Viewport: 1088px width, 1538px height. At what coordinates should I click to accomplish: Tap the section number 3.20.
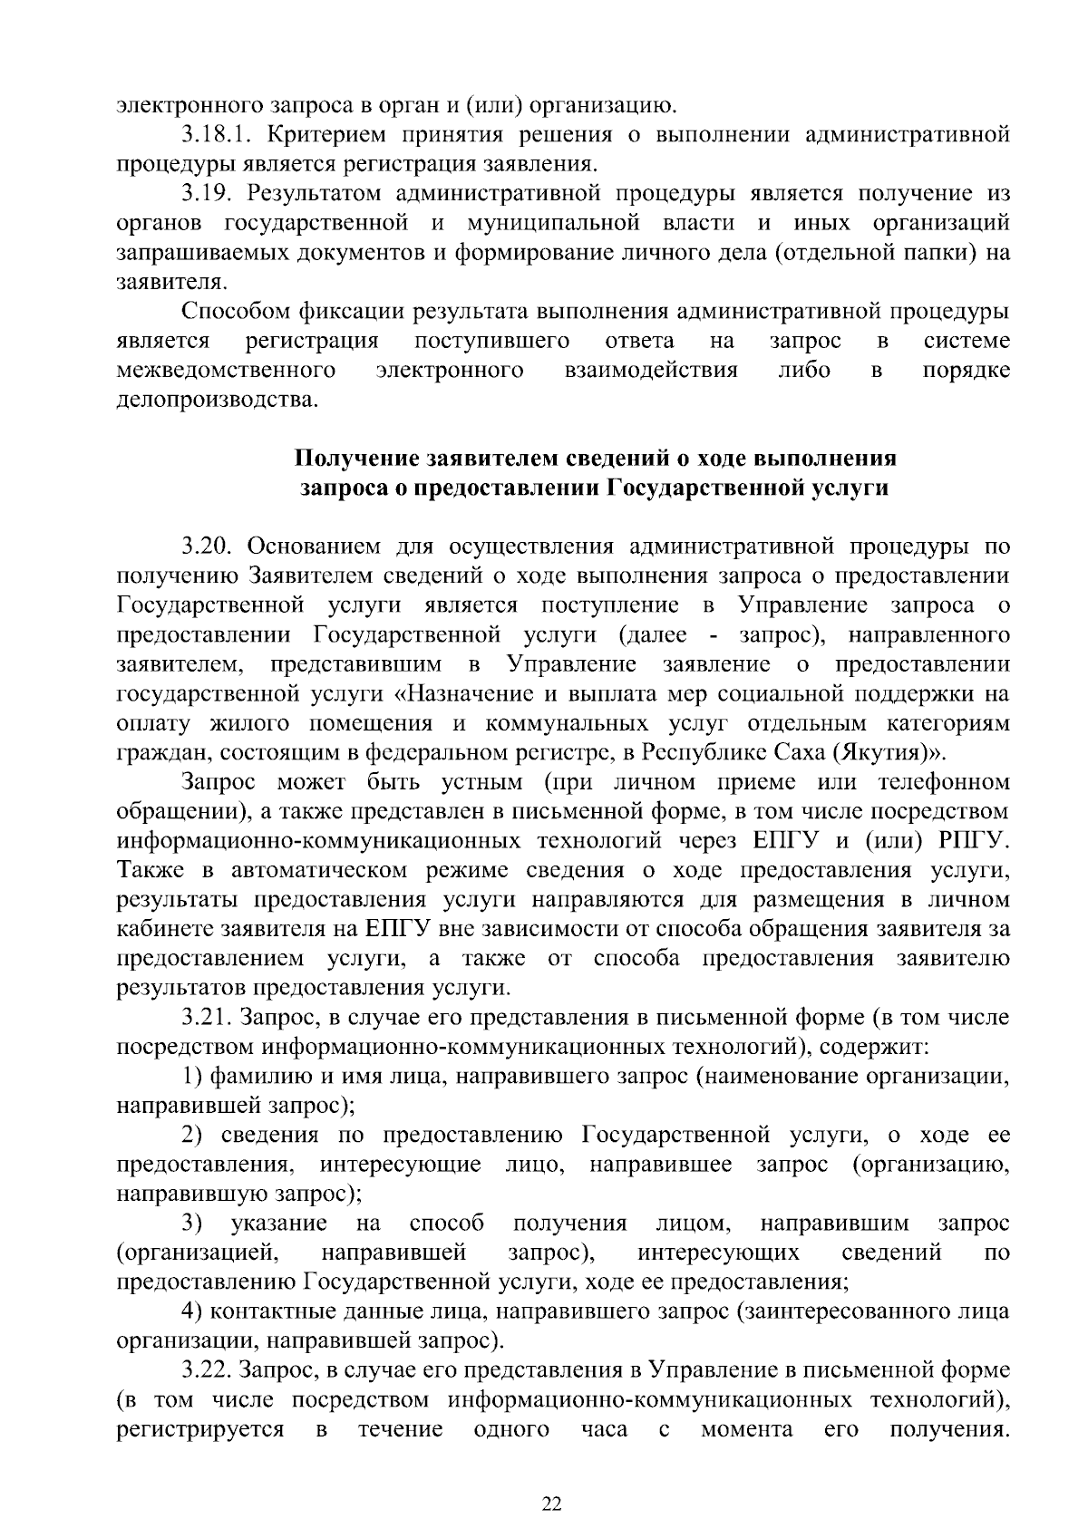208,547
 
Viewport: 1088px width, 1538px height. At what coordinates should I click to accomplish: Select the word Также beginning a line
151,871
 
